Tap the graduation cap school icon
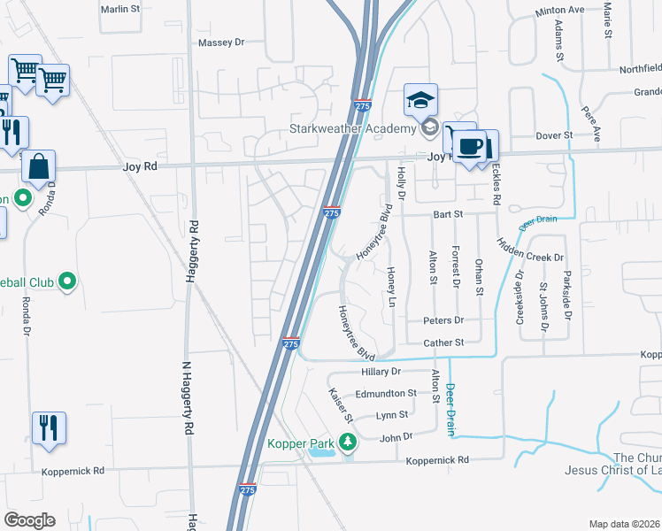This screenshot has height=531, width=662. (x=421, y=100)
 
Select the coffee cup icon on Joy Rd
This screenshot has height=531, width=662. (x=471, y=144)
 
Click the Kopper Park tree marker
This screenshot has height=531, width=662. (x=349, y=441)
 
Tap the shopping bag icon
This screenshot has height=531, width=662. (x=39, y=165)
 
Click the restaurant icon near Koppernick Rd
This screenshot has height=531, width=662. (x=48, y=427)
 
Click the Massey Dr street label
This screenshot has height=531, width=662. (x=220, y=42)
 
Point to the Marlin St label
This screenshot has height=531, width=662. (x=120, y=9)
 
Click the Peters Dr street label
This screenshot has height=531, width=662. (x=443, y=320)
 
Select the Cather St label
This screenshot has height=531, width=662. (x=443, y=342)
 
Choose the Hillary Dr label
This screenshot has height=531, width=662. (x=381, y=373)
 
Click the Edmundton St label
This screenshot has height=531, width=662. (x=385, y=393)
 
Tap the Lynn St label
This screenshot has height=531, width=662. (x=391, y=414)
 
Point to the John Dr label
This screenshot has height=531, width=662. (x=396, y=436)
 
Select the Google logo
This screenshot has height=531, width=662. (x=29, y=520)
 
